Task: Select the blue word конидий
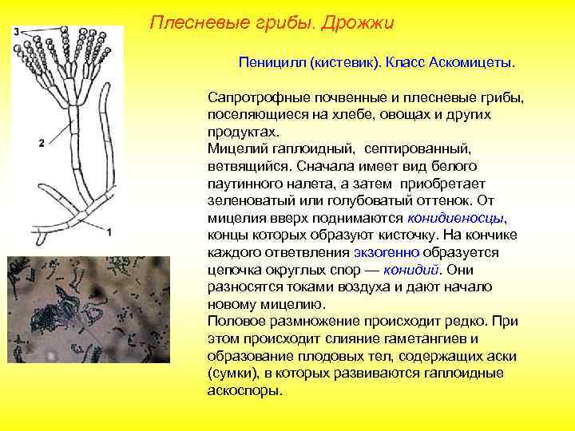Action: pos(410,269)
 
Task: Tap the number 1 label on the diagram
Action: pos(109,231)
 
